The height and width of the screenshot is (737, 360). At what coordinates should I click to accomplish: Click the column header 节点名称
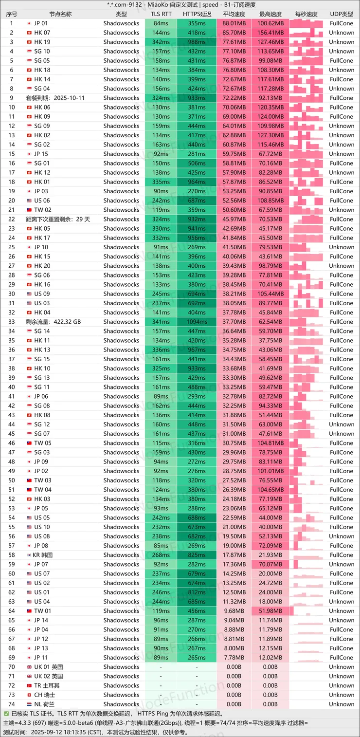click(60, 14)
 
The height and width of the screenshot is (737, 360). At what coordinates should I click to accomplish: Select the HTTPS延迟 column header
click(197, 14)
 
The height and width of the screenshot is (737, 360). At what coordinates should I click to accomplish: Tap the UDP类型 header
click(342, 14)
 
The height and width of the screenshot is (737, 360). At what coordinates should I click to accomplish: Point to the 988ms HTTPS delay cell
click(197, 42)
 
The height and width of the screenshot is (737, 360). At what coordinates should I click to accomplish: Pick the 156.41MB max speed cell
click(271, 33)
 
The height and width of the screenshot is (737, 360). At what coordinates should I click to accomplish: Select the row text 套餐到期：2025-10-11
click(55, 98)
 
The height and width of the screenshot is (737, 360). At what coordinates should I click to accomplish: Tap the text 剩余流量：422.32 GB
click(53, 322)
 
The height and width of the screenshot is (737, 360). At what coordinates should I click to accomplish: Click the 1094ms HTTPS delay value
click(197, 322)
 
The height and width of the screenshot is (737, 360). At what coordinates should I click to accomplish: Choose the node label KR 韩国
click(43, 555)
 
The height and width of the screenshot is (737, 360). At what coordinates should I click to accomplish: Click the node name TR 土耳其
click(47, 685)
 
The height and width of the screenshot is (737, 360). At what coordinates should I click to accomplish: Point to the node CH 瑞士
click(44, 695)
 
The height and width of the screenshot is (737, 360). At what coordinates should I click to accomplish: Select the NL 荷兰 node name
click(44, 704)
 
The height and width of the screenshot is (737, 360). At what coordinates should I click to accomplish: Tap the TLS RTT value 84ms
click(161, 23)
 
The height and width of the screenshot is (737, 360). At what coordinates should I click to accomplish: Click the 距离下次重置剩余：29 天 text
click(58, 219)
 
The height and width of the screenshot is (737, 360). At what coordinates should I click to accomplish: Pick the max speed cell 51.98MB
click(271, 611)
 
